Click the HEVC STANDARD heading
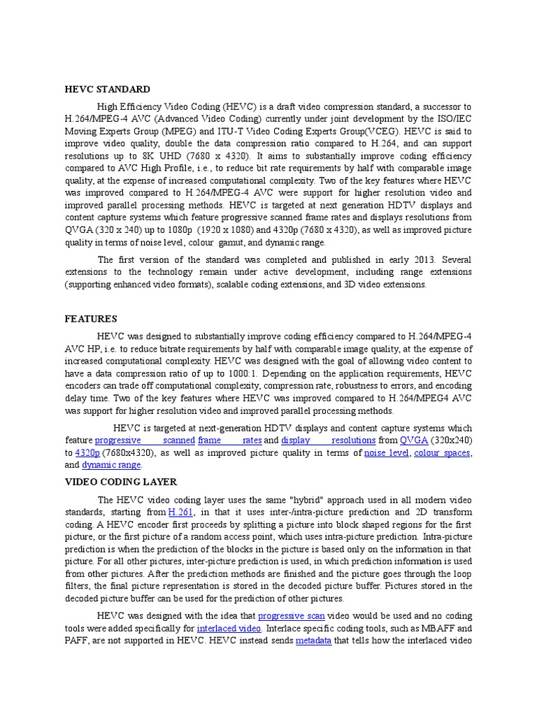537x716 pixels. [107, 89]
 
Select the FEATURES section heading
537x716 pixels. [91, 318]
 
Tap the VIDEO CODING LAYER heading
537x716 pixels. [121, 482]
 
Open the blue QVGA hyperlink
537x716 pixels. [413, 441]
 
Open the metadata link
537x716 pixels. [313, 640]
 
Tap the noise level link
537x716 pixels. [387, 453]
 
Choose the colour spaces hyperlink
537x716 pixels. [443, 453]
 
